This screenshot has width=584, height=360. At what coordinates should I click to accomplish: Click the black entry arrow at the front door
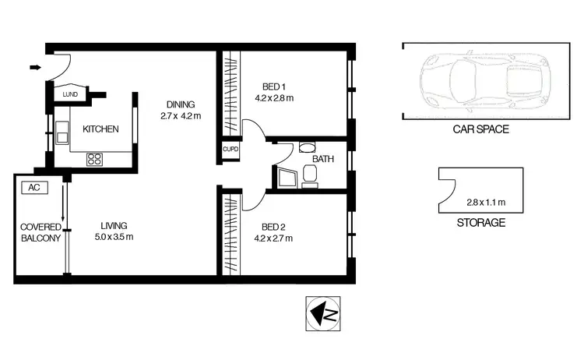click(x=35, y=68)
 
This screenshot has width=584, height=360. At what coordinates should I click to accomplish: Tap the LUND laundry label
click(x=71, y=95)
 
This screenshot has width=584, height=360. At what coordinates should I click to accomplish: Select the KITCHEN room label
click(x=101, y=129)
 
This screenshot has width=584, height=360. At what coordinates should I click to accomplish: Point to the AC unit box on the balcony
click(x=33, y=188)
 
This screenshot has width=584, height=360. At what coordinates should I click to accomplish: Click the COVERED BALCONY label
click(x=40, y=232)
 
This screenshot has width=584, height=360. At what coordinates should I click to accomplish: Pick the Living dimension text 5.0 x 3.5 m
click(x=114, y=237)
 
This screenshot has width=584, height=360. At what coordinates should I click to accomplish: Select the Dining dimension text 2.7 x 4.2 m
click(x=180, y=116)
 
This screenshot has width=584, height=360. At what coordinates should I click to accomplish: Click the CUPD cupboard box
click(x=230, y=149)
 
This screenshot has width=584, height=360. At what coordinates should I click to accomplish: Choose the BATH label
click(x=322, y=159)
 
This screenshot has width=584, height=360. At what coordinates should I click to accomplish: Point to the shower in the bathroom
click(x=285, y=178)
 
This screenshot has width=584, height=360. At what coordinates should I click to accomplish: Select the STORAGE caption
click(x=479, y=222)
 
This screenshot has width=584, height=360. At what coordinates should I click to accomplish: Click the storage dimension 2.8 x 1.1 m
click(x=485, y=203)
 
